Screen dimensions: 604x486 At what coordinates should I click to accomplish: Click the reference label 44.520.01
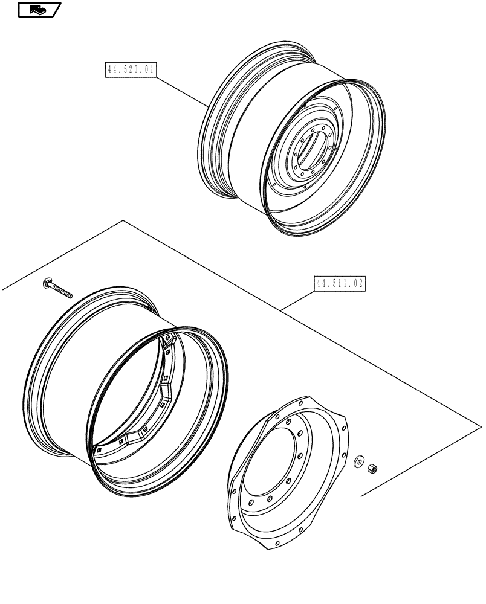point(131,71)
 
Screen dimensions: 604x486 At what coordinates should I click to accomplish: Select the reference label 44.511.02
point(340,283)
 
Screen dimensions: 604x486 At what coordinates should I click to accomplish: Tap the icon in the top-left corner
point(38,10)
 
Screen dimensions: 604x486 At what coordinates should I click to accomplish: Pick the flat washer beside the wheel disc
point(358,461)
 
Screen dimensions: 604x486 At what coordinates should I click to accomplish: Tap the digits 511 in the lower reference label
point(341,283)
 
